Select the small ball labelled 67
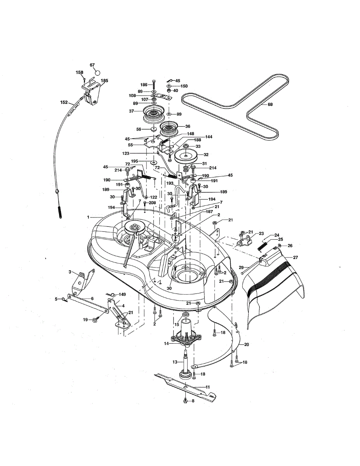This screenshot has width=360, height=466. (x=97, y=72)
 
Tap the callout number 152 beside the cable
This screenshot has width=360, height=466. (x=64, y=103)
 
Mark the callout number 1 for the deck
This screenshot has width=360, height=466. (x=88, y=216)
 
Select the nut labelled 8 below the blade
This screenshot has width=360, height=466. (x=186, y=400)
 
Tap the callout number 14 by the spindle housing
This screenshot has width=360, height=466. (x=166, y=343)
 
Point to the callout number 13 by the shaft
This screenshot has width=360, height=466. (x=175, y=362)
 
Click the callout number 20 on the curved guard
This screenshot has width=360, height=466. (x=246, y=344)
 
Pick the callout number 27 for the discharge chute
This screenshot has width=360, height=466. (x=295, y=257)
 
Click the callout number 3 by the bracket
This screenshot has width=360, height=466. (x=70, y=272)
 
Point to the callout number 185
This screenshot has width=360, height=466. (x=104, y=81)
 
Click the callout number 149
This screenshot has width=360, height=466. (x=122, y=294)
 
